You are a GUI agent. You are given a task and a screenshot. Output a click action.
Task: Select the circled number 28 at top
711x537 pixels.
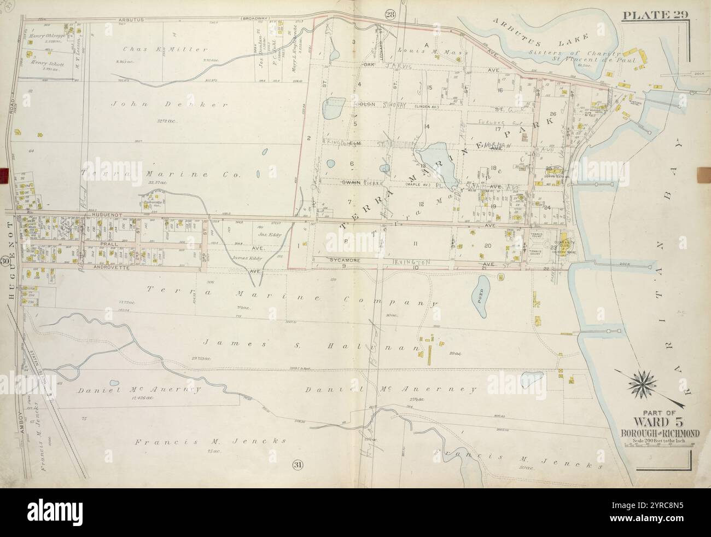click(389, 15)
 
